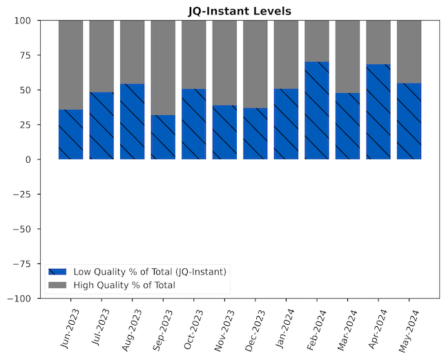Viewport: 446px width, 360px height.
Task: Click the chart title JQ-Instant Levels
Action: click(x=240, y=11)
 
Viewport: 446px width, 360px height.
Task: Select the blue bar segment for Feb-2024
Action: click(x=317, y=110)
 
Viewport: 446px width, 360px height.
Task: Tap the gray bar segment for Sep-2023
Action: click(x=163, y=68)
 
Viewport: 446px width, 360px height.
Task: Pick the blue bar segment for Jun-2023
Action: click(x=70, y=134)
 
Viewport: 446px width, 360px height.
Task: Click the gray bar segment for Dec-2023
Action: click(x=255, y=64)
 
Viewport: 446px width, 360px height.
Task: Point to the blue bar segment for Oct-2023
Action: click(x=194, y=124)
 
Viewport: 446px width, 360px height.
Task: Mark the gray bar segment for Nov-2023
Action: click(x=224, y=63)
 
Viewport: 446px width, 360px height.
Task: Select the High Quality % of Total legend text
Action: click(x=124, y=285)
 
